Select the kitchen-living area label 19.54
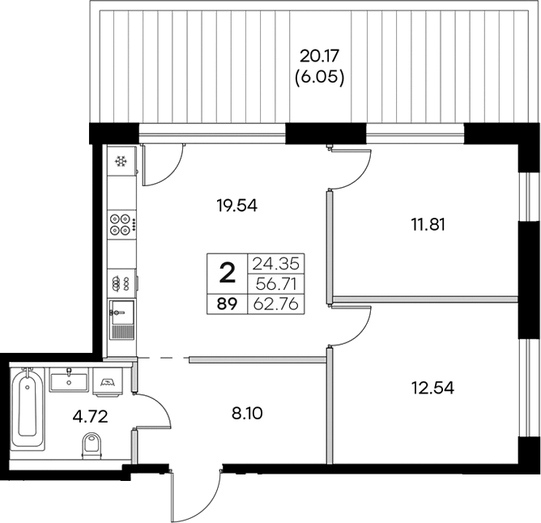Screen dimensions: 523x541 [238, 206]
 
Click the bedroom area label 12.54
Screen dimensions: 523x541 [432, 387]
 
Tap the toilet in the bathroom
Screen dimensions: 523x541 [92, 445]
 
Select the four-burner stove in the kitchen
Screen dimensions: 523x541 [121, 223]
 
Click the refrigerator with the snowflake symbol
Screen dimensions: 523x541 [121, 163]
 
